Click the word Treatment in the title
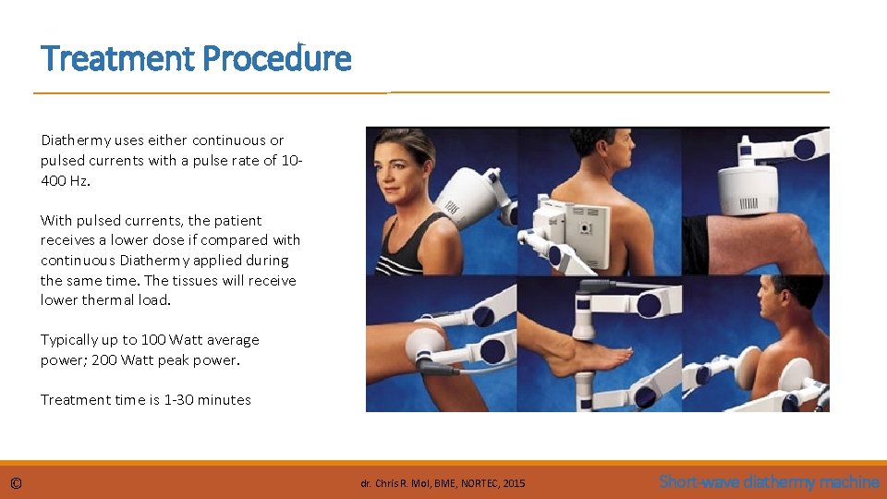(x=117, y=58)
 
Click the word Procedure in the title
(x=276, y=58)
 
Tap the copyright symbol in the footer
(x=16, y=483)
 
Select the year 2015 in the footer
(x=514, y=483)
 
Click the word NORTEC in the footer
(x=480, y=483)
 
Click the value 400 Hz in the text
(x=65, y=181)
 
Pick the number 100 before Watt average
(x=153, y=339)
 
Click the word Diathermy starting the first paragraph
(x=76, y=140)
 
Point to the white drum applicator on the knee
(x=747, y=190)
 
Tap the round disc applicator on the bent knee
(x=426, y=347)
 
